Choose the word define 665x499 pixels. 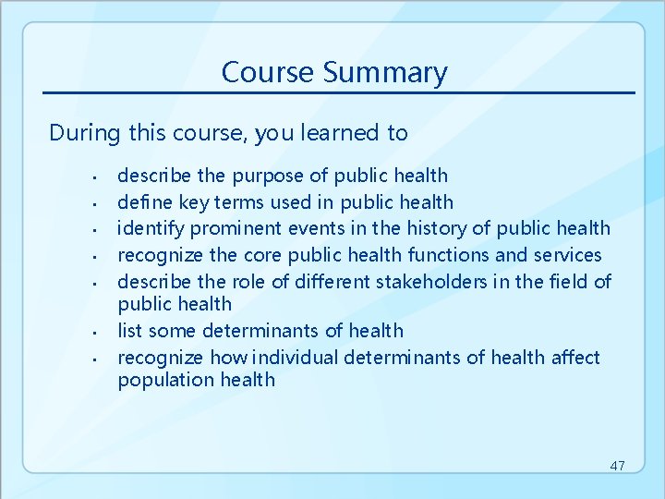click(x=142, y=201)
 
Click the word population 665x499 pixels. click(x=160, y=380)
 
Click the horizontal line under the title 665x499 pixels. click(x=339, y=92)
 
